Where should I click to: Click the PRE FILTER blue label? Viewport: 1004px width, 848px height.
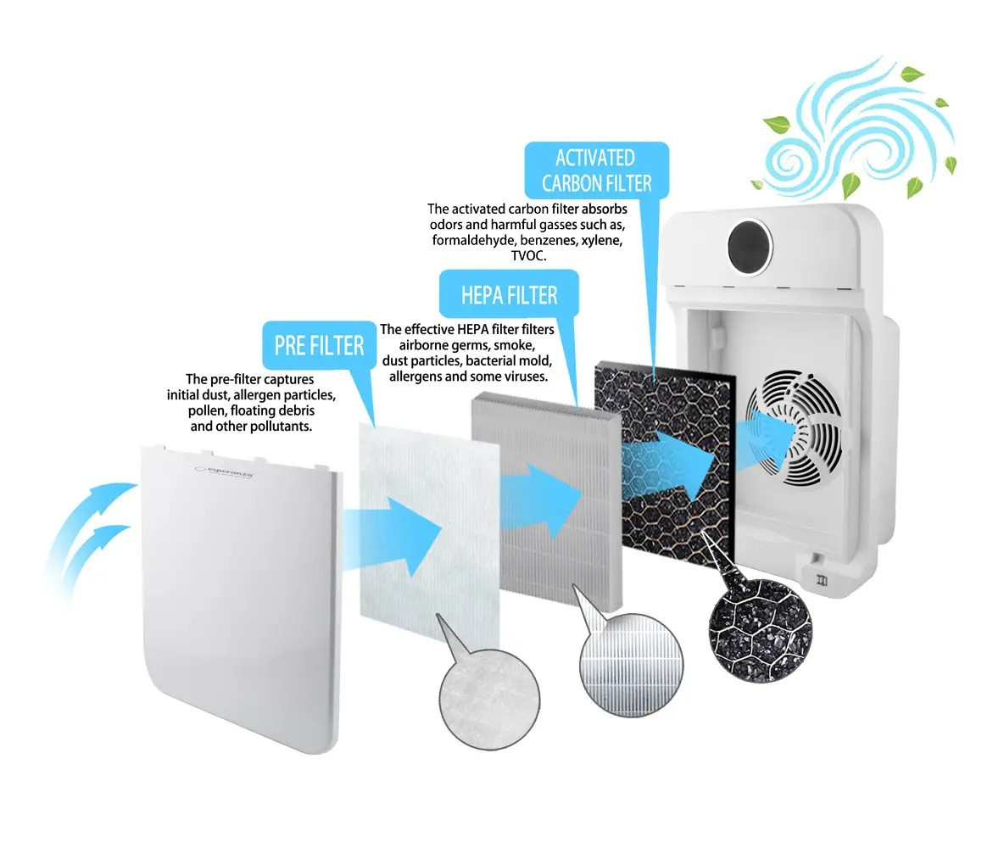tap(319, 346)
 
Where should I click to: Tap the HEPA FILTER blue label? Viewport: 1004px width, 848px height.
tap(509, 295)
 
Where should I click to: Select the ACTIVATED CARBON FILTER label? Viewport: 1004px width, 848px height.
tap(597, 170)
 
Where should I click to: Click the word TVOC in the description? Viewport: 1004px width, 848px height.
tap(528, 256)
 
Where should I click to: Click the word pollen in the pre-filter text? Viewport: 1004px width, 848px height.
tap(207, 410)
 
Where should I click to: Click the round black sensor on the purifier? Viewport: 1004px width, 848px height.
tap(750, 247)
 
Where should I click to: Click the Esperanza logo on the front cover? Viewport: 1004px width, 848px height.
tap(224, 471)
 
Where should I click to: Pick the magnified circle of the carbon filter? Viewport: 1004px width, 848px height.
tap(760, 629)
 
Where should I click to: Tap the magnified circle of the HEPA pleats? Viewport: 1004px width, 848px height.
tap(632, 665)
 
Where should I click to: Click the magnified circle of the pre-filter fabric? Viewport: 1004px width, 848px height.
tap(489, 700)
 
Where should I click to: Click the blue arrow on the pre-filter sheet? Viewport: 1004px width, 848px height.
tap(392, 536)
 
